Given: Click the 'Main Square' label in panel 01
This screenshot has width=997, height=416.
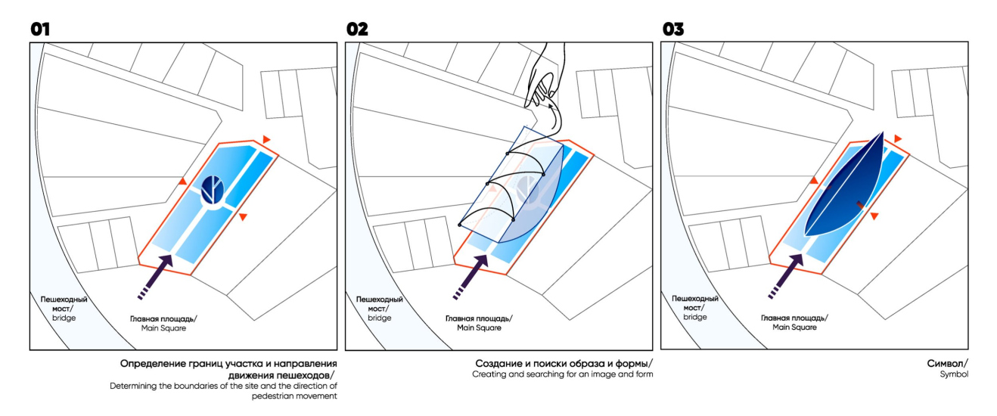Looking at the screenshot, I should [x=163, y=328].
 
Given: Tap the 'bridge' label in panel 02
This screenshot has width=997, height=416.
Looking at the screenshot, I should [x=379, y=318].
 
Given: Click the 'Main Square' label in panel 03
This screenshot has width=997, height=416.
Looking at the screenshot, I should [x=794, y=328].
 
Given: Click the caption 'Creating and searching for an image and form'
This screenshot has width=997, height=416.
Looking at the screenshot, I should [x=562, y=374].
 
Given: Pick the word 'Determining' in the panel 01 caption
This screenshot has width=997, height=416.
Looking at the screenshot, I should [x=132, y=387].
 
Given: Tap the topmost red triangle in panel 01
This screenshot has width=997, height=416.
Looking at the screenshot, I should [x=266, y=139].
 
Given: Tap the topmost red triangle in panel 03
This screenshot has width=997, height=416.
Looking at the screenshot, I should [x=898, y=139].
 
